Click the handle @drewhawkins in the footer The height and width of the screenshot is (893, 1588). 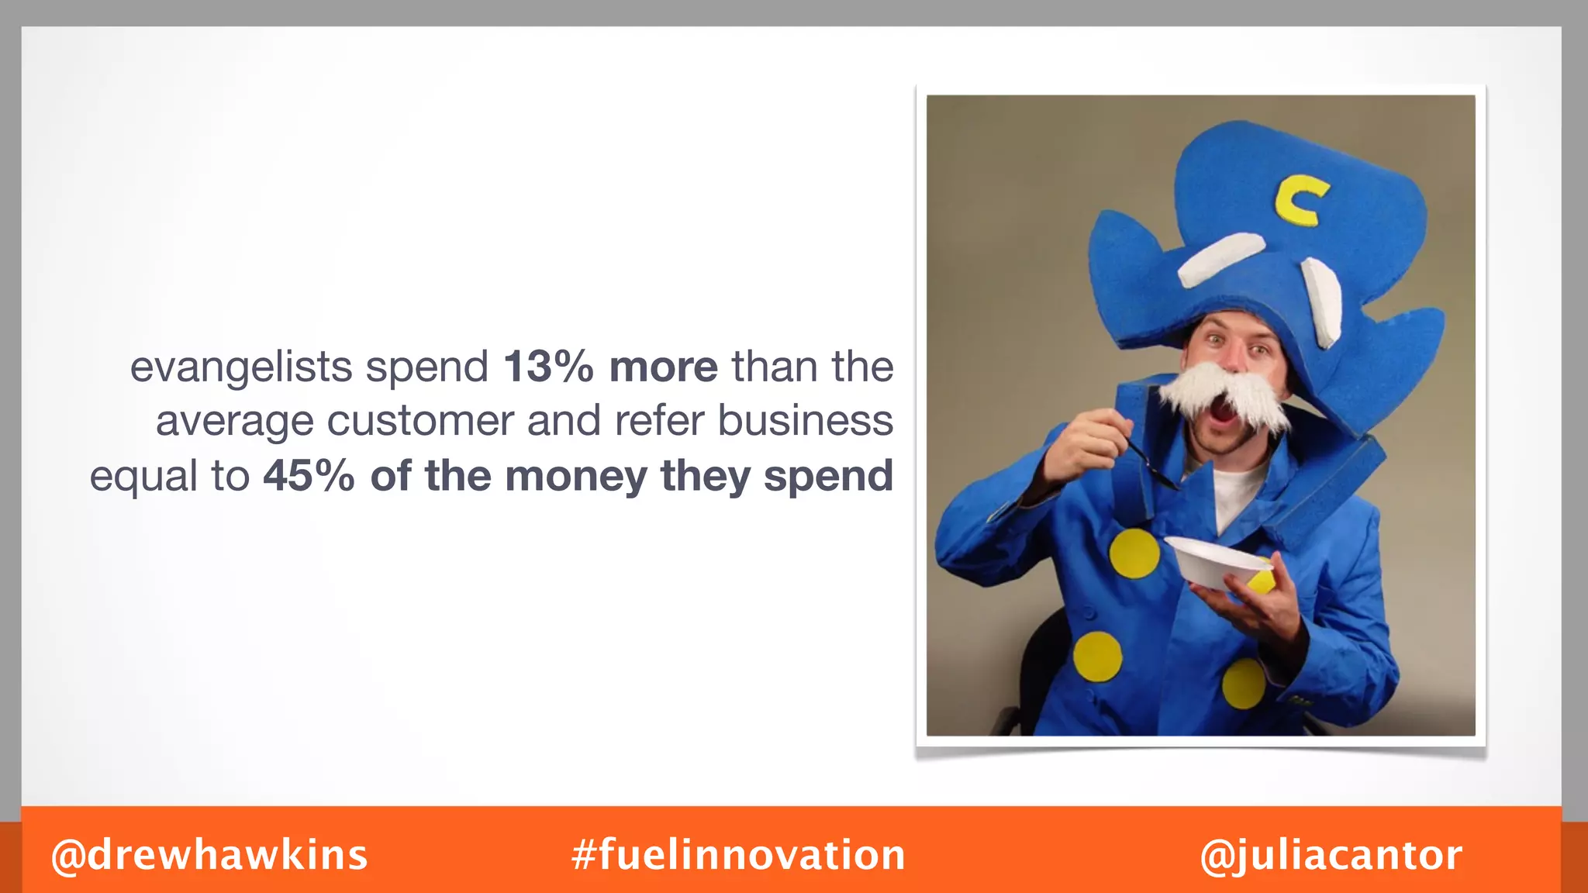click(209, 855)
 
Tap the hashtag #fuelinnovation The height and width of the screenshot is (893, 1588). click(738, 855)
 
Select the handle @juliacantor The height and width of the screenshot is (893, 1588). click(1331, 855)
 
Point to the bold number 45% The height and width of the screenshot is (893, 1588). click(309, 476)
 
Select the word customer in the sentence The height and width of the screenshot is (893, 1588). click(419, 422)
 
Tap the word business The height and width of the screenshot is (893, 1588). click(805, 421)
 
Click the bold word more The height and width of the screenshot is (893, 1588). click(663, 367)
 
